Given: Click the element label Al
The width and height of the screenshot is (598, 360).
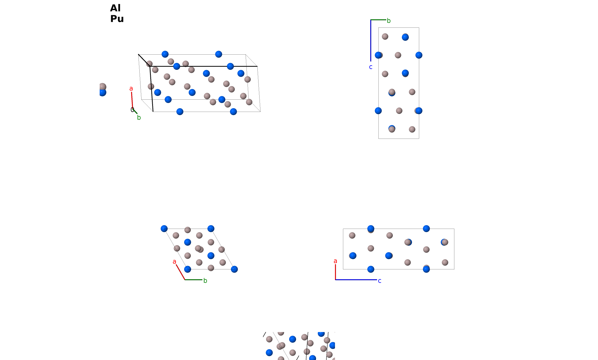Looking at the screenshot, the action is [x=115, y=8].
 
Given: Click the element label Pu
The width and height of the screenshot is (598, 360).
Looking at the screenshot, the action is [x=117, y=19].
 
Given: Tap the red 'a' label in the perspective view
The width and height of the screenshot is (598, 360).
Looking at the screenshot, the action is [x=131, y=88].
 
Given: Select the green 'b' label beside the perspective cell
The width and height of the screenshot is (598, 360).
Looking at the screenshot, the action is [x=139, y=118].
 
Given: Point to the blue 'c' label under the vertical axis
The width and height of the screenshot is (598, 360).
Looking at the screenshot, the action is [x=371, y=67].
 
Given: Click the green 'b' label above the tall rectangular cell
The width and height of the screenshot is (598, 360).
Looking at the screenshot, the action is [x=389, y=21].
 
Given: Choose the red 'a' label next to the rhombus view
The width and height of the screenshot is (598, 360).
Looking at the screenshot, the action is [x=174, y=262].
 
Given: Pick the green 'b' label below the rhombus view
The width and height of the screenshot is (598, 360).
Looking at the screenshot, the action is [x=205, y=280].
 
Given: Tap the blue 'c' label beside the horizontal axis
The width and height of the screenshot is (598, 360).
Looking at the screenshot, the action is [x=379, y=281].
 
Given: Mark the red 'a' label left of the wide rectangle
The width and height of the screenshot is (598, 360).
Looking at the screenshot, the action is [x=335, y=261].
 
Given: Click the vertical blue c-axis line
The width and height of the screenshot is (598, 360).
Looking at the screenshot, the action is [x=371, y=41].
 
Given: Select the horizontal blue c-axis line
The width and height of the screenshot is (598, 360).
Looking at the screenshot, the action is [x=356, y=280].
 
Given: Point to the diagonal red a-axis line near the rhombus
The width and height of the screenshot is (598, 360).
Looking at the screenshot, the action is [x=180, y=272].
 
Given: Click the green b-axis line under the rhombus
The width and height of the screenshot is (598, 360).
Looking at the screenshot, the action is [x=193, y=280].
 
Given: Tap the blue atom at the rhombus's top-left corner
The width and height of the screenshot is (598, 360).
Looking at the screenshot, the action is [x=164, y=229].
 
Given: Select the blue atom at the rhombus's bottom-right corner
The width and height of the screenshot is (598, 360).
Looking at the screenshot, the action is [x=234, y=269].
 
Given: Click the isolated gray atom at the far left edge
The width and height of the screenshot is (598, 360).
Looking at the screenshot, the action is [x=103, y=87].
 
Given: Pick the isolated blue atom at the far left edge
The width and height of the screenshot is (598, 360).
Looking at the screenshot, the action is [x=103, y=92].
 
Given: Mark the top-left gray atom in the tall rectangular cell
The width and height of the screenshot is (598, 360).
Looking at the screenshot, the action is [x=385, y=37].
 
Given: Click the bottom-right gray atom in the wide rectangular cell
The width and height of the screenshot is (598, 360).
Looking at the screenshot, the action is [x=445, y=262].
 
